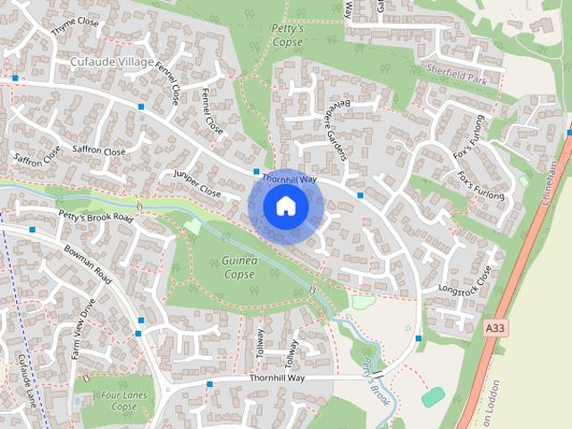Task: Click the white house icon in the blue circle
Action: (x=285, y=206)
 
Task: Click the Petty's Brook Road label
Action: (x=95, y=216)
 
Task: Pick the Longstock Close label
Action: (x=466, y=279)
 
